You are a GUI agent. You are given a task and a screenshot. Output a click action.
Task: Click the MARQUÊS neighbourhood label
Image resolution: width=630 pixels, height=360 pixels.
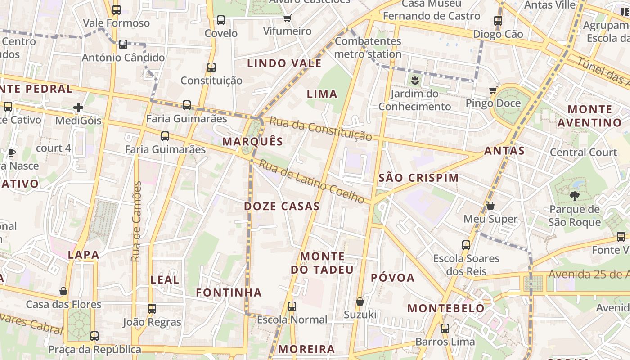[x=253, y=141]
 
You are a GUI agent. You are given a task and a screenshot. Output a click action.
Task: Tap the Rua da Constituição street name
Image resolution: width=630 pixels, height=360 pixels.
[x=321, y=129]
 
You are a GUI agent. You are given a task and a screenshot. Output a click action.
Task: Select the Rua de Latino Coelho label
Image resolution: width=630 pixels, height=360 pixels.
[x=311, y=181]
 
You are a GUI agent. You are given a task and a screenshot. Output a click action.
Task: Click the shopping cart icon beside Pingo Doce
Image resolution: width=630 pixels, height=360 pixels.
[x=493, y=90]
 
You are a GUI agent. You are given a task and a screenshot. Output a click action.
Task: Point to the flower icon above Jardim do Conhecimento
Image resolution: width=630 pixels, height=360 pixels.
[x=414, y=81]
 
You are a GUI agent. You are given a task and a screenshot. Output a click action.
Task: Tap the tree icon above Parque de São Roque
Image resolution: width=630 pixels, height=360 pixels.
[x=574, y=196]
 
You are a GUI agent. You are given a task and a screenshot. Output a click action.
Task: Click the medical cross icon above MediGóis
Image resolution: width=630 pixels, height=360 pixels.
[x=78, y=108]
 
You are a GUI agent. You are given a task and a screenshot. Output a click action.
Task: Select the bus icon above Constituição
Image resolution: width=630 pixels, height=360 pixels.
[x=211, y=67]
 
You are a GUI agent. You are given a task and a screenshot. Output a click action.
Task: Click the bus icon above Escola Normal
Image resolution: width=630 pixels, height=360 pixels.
[x=292, y=306]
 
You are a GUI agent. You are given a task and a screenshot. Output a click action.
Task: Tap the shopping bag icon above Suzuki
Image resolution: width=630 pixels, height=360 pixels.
[x=360, y=301]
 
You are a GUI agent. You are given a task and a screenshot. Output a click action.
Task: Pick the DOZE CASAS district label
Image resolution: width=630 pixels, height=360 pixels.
[x=282, y=207]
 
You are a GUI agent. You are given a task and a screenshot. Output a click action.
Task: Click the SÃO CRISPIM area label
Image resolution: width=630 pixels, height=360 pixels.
[x=418, y=178]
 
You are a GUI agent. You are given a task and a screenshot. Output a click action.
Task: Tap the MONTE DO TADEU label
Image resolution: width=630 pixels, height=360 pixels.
[x=322, y=263]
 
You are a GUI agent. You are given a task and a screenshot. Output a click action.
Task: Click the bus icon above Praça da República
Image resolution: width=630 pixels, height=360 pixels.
[x=94, y=336]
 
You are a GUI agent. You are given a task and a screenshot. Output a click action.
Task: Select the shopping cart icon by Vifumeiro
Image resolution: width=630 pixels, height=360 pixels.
[x=287, y=18]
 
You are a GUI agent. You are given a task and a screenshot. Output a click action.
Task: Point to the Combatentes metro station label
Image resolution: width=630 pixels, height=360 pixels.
[x=368, y=47]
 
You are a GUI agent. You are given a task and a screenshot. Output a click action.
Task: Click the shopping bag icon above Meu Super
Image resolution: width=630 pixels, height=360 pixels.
[x=490, y=206]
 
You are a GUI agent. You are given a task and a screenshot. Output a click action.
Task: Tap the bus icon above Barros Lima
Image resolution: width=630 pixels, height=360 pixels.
[x=445, y=328]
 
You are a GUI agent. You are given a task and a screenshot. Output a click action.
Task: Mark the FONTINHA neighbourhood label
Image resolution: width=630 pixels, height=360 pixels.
[x=229, y=292]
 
